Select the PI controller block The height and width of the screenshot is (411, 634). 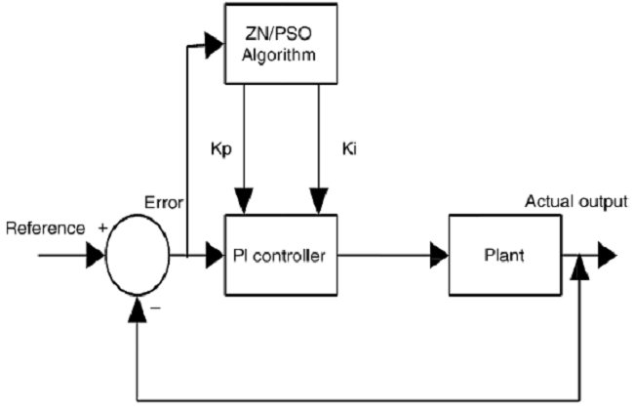point(281,256)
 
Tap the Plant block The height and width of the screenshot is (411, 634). point(504,256)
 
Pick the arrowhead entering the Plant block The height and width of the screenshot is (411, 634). point(438,256)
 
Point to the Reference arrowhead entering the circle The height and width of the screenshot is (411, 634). point(94,256)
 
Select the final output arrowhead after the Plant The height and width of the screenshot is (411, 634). point(607,256)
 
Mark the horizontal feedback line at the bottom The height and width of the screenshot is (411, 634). point(361,399)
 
